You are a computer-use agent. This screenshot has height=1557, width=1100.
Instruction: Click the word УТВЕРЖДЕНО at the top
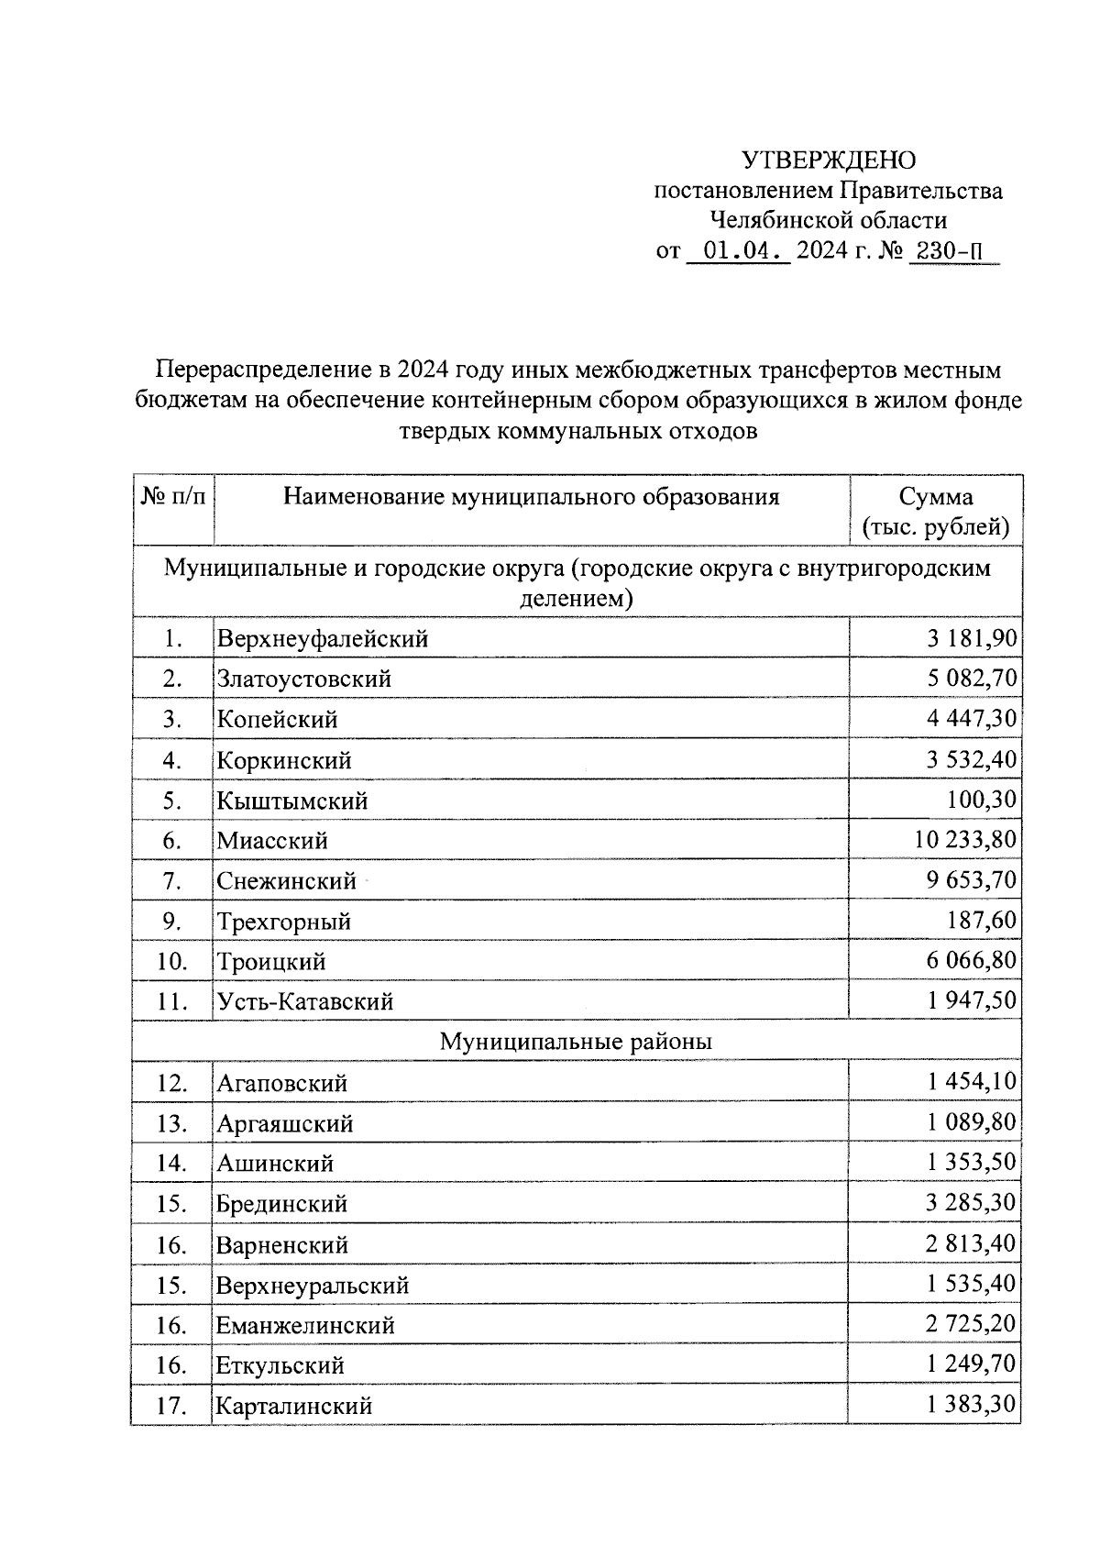[x=828, y=160]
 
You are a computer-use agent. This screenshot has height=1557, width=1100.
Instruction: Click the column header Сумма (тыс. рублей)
[x=935, y=512]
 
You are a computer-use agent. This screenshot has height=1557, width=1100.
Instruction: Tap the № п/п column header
[x=172, y=497]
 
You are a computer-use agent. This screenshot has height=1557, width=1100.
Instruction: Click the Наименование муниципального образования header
[x=531, y=497]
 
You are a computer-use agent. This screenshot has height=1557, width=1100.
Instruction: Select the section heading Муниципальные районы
[x=576, y=1042]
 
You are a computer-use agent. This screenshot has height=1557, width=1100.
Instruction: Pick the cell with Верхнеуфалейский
[x=323, y=638]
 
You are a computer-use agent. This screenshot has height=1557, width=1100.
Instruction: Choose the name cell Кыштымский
[x=292, y=801]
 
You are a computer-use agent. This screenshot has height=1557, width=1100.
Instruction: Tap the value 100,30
[x=982, y=800]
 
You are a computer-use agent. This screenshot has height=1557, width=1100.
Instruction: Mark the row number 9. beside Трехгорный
[x=172, y=922]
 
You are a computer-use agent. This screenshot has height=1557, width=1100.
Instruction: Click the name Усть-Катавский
[x=305, y=1001]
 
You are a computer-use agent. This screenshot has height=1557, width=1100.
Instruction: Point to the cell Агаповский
[x=282, y=1083]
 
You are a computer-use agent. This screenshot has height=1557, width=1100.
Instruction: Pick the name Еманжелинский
[x=305, y=1325]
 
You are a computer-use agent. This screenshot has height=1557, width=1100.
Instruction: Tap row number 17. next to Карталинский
[x=172, y=1406]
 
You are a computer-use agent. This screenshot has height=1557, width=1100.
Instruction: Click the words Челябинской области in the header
[x=828, y=220]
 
